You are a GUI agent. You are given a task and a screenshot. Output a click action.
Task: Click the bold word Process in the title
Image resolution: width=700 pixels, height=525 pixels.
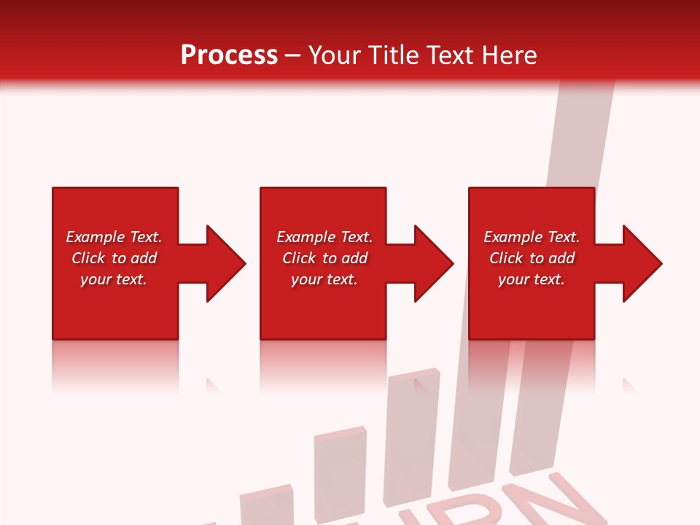coord(229,55)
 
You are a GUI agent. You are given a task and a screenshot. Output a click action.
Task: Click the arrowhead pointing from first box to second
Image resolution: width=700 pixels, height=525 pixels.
coord(222,263)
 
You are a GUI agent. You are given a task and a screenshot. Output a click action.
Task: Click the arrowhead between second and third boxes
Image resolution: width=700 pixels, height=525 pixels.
coord(431,263)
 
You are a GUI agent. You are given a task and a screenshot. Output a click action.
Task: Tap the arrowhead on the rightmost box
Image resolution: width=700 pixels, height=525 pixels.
coord(639,263)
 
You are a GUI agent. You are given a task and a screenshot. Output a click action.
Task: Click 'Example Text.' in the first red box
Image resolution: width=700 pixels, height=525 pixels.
coord(114,237)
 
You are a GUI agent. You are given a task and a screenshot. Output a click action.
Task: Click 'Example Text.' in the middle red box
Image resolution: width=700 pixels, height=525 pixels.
coord(324,237)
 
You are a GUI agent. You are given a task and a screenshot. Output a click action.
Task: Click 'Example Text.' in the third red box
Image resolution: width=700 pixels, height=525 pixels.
coord(532,237)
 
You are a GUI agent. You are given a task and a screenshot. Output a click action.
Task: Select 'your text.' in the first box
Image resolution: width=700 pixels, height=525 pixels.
coord(114,279)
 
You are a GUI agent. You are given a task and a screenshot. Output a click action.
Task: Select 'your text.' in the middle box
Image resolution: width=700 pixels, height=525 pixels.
coord(324,279)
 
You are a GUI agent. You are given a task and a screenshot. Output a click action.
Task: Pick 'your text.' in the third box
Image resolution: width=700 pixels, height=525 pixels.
coord(531,279)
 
